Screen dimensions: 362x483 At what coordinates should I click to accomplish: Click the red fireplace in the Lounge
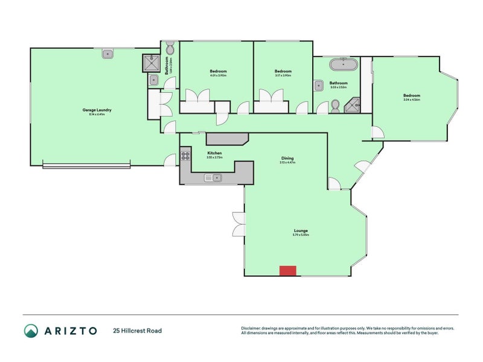[x=287, y=271]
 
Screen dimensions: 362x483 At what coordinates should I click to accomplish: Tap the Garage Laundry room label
[x=97, y=110]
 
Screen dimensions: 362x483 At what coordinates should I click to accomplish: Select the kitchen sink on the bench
[x=213, y=177]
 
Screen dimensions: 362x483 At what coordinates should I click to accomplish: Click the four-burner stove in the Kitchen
[x=185, y=154]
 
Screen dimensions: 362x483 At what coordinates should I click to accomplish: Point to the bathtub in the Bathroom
[x=343, y=63]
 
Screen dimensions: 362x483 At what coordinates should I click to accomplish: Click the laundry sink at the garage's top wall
[x=108, y=54]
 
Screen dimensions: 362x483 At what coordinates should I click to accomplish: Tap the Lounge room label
[x=301, y=230]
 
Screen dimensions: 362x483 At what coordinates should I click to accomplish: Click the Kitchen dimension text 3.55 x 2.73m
[x=215, y=157]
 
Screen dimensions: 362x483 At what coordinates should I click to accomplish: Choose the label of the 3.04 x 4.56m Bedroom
[x=412, y=95]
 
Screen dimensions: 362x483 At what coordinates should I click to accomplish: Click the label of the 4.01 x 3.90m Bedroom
[x=218, y=71]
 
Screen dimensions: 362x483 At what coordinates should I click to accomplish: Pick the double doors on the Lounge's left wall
[x=238, y=224]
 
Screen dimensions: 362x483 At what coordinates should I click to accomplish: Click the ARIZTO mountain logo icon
[x=31, y=330]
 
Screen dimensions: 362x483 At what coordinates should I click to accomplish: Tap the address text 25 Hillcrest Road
[x=137, y=331]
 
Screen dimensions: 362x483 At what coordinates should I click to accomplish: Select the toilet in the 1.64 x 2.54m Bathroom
[x=170, y=48]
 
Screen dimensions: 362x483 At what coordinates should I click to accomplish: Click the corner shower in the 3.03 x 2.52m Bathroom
[x=352, y=107]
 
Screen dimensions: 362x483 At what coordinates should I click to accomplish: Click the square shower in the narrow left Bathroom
[x=150, y=62]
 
